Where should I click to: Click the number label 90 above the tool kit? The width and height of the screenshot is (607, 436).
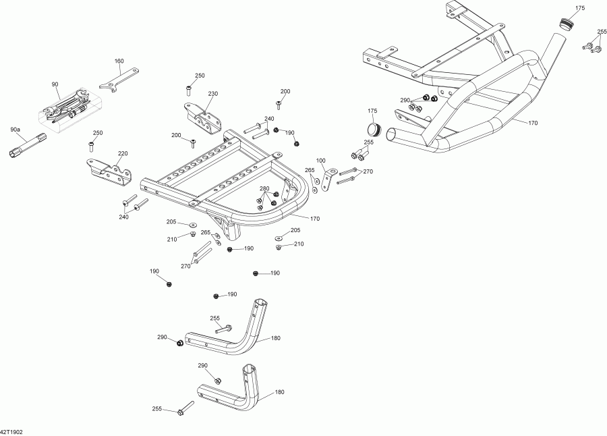point(55,84)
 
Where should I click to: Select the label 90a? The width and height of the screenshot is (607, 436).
point(15,129)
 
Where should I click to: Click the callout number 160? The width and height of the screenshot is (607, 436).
point(119,61)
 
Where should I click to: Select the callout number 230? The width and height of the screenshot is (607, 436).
point(213,94)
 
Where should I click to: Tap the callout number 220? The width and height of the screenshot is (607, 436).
point(123,153)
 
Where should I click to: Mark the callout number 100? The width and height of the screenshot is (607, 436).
point(320,160)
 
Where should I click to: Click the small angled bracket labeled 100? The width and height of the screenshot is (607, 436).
point(328,178)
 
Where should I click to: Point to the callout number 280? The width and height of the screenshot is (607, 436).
point(264,188)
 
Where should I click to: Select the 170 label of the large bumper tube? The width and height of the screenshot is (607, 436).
point(533,123)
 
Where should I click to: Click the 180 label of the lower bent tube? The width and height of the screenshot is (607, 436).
point(279,391)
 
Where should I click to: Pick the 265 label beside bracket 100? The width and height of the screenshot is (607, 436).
point(310,170)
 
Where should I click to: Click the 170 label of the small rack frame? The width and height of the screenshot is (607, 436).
point(314,218)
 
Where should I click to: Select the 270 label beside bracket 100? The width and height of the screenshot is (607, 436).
point(368,171)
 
